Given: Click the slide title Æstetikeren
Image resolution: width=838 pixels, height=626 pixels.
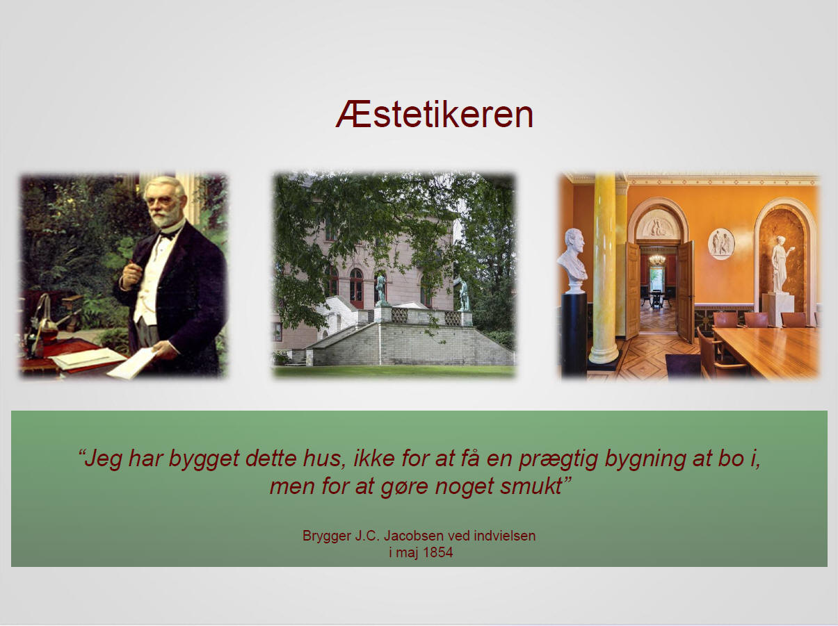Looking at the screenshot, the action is (x=434, y=115).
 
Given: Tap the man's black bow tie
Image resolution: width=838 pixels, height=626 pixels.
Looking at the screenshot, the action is (x=167, y=236).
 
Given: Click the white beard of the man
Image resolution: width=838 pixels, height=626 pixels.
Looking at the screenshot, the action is (x=167, y=217).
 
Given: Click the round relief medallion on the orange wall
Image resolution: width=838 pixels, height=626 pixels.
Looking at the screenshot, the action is (x=722, y=244).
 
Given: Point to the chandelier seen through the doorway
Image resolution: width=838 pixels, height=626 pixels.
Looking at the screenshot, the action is (x=656, y=259).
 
